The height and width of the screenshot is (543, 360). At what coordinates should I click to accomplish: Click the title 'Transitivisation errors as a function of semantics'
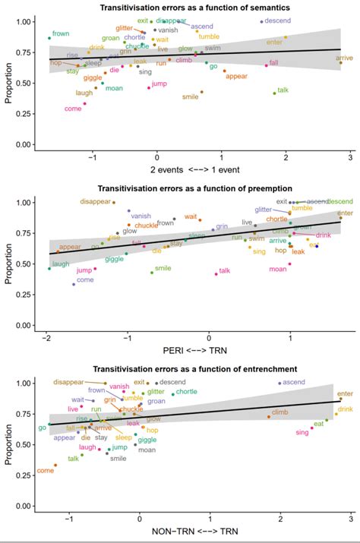coord(194,8)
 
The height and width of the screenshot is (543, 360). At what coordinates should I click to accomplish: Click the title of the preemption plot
coord(194,188)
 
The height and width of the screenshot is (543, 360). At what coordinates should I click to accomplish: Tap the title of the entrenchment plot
coord(194,369)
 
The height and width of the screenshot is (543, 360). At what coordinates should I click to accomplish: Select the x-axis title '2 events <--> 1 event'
coord(189,168)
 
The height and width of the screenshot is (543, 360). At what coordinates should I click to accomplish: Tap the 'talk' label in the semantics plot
coord(283,90)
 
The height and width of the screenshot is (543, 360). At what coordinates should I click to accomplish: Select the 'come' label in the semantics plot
coord(74,109)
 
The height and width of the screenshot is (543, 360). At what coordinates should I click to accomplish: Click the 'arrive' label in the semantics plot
coord(344,58)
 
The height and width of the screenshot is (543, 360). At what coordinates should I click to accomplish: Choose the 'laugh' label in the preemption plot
coord(61,264)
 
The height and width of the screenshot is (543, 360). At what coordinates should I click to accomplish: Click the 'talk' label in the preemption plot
coord(224,271)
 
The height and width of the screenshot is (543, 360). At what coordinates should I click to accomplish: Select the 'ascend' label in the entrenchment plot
coord(293,383)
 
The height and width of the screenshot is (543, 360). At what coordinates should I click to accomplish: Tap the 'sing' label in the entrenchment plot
coord(302,432)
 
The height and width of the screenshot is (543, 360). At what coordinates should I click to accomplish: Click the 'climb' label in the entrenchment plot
coord(279,412)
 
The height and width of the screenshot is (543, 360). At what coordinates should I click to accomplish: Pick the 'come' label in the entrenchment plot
coord(46,471)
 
